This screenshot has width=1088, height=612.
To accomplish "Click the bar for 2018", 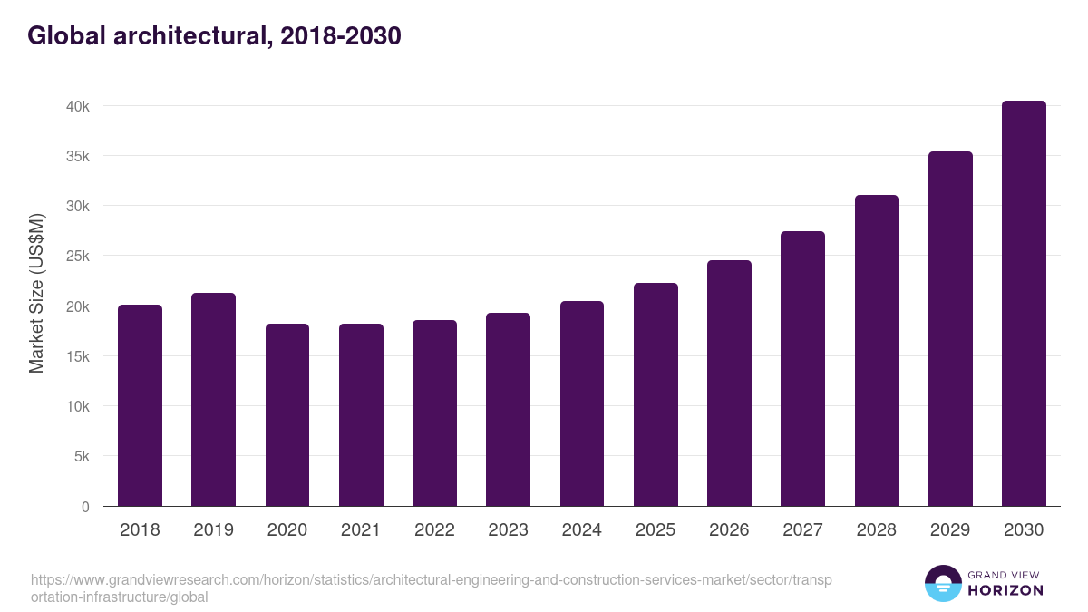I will tap(140, 405).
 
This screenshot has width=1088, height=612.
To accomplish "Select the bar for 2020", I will tap(287, 415).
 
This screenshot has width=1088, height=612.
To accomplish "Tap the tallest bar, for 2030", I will tap(1024, 304).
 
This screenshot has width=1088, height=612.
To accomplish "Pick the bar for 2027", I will tap(802, 369).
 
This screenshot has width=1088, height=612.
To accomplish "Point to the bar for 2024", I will tap(582, 403).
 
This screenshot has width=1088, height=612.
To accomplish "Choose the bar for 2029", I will tap(950, 329).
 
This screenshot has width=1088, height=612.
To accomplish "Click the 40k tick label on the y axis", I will tap(78, 106).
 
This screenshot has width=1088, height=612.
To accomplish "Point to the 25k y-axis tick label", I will tap(78, 257).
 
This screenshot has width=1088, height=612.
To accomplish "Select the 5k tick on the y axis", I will tap(82, 457).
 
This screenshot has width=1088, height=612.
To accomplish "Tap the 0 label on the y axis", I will tap(85, 507).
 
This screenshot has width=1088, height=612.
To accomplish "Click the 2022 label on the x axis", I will tap(434, 530).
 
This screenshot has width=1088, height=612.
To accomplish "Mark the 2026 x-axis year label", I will tap(729, 530).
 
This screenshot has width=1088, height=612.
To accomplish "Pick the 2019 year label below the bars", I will tap(213, 530).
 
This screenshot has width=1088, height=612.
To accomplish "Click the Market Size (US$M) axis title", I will tap(37, 293).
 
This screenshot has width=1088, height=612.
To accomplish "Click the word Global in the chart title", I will tap(60, 35).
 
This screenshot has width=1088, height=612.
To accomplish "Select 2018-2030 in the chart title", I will tap(339, 35).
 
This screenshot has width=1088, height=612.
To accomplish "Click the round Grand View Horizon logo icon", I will tap(943, 583).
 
